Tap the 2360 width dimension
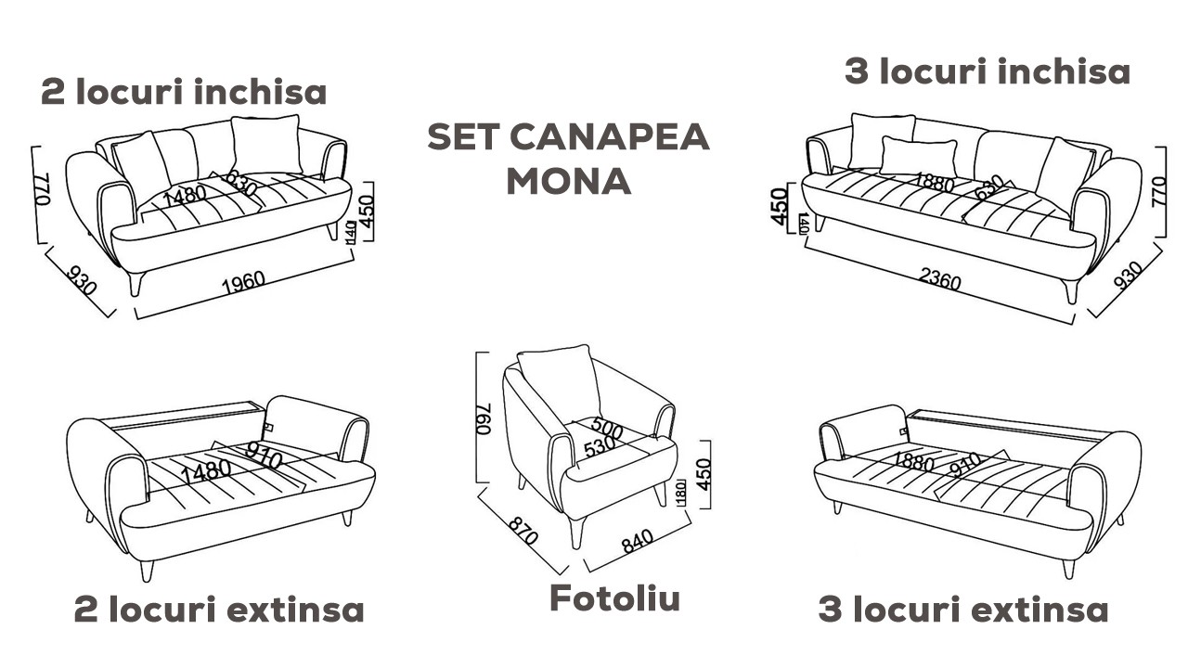click(x=938, y=280)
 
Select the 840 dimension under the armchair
click(x=638, y=542)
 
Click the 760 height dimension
click(x=484, y=417)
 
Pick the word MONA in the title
click(x=568, y=182)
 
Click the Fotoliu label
click(x=615, y=598)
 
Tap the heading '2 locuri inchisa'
click(x=184, y=93)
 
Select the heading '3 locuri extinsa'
click(x=963, y=610)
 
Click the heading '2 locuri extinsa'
click(x=219, y=610)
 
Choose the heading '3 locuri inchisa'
click(x=988, y=71)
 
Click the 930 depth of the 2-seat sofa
click(x=82, y=279)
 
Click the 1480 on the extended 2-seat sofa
click(x=206, y=469)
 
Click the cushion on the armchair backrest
click(x=560, y=380)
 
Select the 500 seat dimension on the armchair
click(x=607, y=430)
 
